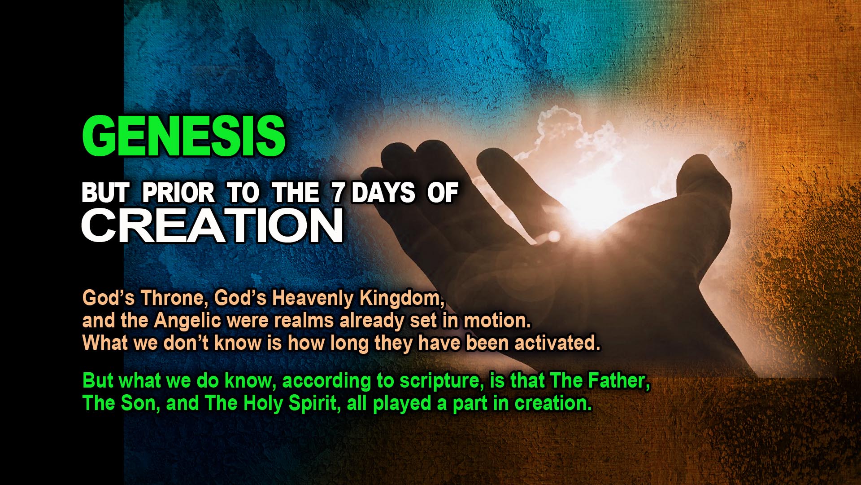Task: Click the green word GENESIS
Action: click(x=184, y=135)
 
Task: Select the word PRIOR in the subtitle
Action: click(x=178, y=193)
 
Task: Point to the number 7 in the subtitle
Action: click(x=338, y=193)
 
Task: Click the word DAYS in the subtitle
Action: click(x=383, y=193)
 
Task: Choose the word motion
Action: click(x=497, y=321)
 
